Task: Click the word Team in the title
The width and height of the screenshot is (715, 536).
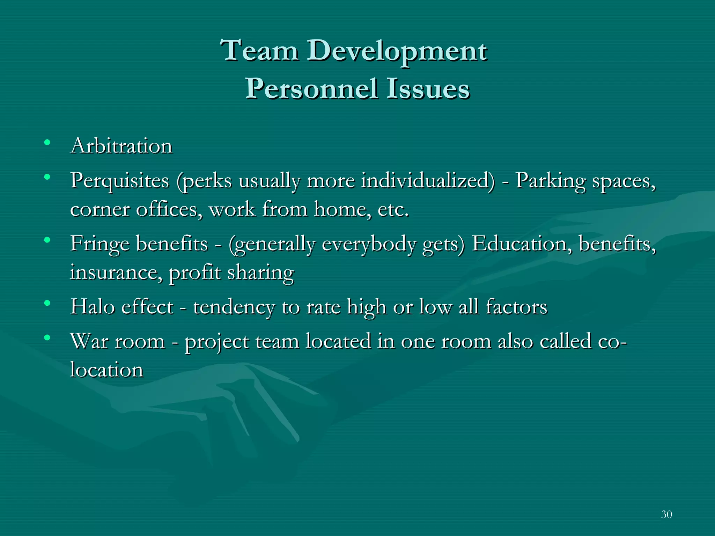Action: pos(260,51)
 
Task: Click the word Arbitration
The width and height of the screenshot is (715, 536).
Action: pos(121,146)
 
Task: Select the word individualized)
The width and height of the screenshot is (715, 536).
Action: pos(428,181)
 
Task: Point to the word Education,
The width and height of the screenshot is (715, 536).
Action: pos(522,244)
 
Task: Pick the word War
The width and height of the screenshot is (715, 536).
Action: pos(89,341)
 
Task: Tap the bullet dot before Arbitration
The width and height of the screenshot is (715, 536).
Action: pos(47,142)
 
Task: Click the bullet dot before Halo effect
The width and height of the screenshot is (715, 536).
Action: pos(47,303)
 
